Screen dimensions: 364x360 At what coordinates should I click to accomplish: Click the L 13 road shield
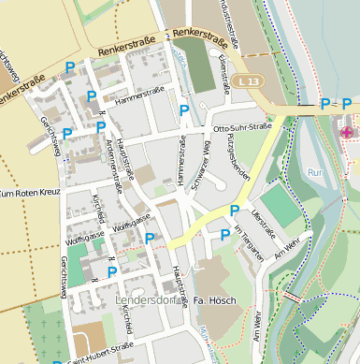pos(246,82)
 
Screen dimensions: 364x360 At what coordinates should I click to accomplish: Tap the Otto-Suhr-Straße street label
pos(242,126)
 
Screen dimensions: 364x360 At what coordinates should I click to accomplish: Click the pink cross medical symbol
pos(347,133)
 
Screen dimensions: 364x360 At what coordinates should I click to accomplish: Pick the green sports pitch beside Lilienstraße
pos(280,207)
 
